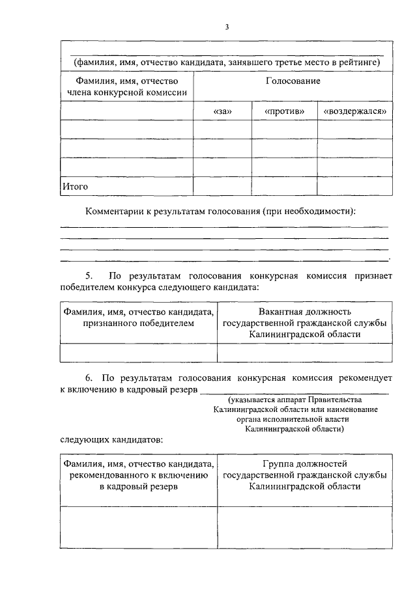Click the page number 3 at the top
coord(227,27)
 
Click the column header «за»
coord(223,111)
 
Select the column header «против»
coord(285,111)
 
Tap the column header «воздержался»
coord(355,111)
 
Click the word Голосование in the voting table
coord(293,81)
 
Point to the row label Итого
coord(75,186)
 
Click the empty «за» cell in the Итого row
coord(223,186)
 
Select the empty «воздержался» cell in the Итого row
coord(355,186)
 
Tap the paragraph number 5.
coord(89,275)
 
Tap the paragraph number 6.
coord(89,377)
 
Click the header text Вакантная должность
coord(304,312)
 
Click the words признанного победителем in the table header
coord(139,323)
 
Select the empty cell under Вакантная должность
coord(304,352)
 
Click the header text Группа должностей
coord(304,464)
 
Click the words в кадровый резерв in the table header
coord(139,487)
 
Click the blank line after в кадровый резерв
coord(294,390)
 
